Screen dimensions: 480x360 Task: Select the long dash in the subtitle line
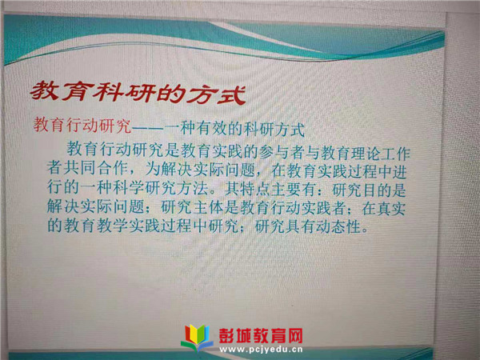coord(147,127)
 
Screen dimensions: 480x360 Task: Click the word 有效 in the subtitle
coord(211,128)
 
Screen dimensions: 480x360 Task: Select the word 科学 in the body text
coord(128,187)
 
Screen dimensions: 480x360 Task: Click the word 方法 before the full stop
coord(193,188)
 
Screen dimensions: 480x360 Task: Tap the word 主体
coord(208,207)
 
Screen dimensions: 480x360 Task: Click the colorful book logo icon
coord(198,338)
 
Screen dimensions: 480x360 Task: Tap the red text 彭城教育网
coord(261,335)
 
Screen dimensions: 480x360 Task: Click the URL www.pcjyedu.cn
coord(261,350)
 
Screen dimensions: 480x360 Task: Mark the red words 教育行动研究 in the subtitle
coord(82,125)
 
